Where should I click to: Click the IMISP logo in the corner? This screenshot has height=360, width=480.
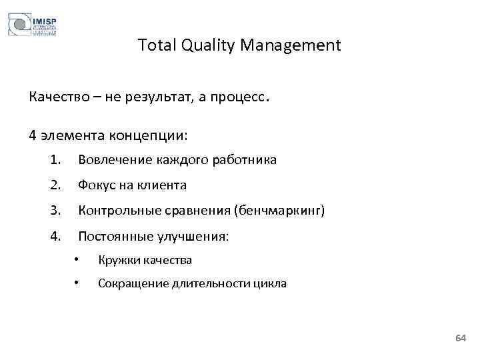point(32,25)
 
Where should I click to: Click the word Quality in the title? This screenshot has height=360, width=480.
point(204,45)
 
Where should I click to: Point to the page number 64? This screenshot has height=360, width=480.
point(460,339)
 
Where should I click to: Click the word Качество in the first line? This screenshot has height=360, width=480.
point(58,98)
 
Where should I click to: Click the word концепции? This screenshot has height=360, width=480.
point(154,135)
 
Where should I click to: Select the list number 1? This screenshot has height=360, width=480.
point(55,160)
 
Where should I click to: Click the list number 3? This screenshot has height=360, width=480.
point(55,211)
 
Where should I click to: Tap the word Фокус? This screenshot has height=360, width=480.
point(97,185)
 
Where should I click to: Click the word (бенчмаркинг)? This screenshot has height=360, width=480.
point(279,211)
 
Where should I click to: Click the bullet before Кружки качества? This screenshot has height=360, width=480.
point(77,259)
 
